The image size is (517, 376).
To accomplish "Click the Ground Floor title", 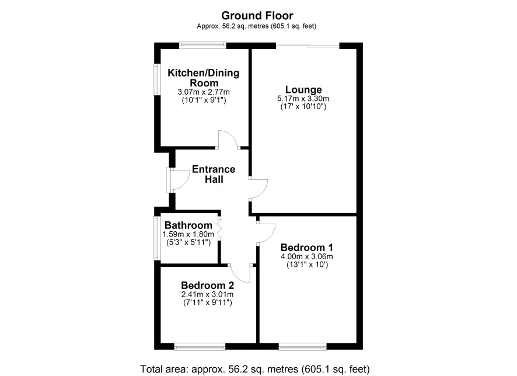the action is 257,16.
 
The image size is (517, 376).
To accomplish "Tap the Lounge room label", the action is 303,90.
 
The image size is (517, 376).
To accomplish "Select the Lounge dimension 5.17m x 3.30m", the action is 303,98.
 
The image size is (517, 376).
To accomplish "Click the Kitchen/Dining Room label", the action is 204,78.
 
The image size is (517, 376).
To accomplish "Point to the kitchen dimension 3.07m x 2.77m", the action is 204,92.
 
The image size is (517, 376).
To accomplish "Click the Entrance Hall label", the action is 214,174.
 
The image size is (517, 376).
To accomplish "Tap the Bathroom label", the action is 188,225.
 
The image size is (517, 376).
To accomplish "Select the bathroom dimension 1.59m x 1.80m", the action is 188,234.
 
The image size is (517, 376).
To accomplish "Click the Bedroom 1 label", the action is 306,248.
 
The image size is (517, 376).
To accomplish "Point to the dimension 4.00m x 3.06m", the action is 306,257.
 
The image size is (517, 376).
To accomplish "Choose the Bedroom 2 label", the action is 207,286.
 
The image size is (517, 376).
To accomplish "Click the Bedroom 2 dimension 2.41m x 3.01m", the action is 207,294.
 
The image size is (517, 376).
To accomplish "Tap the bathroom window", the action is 155,238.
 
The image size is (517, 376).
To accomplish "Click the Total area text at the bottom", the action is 255,368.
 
